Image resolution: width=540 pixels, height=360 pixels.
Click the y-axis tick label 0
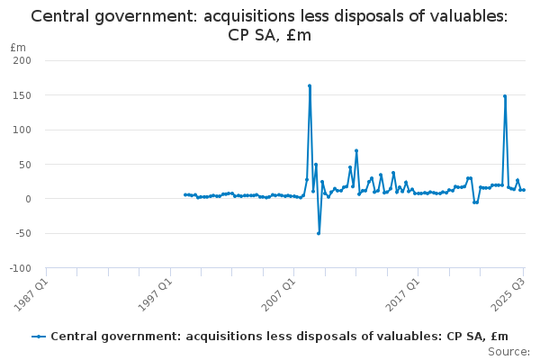click(x=29, y=199)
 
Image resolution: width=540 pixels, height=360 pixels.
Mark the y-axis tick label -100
click(x=21, y=268)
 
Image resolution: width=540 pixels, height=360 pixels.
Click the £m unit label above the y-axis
click(x=17, y=47)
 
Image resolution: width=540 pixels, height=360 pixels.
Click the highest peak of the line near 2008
click(x=310, y=86)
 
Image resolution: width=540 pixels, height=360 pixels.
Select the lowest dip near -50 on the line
click(x=319, y=233)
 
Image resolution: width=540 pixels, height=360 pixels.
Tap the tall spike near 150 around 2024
click(x=505, y=96)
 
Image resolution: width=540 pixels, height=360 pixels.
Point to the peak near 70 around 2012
click(x=356, y=151)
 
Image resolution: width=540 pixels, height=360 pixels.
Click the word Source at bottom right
click(x=509, y=352)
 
